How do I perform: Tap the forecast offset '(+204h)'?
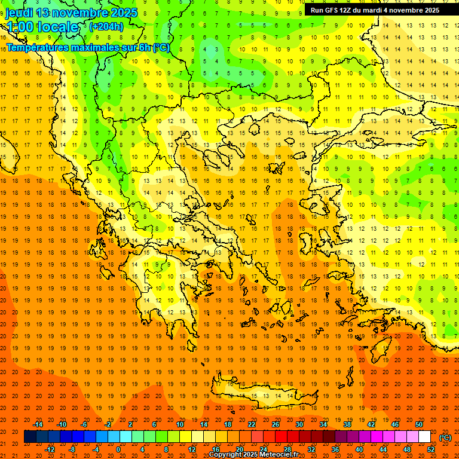106,26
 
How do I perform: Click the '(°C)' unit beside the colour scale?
445,437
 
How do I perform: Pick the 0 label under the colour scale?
118,449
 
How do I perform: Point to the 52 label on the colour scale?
430,449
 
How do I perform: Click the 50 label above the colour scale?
419,424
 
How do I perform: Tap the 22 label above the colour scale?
252,424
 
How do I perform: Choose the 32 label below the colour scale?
311,449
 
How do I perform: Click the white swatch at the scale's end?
424,437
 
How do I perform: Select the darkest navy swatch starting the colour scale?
30,437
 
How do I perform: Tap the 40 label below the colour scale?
359,449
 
